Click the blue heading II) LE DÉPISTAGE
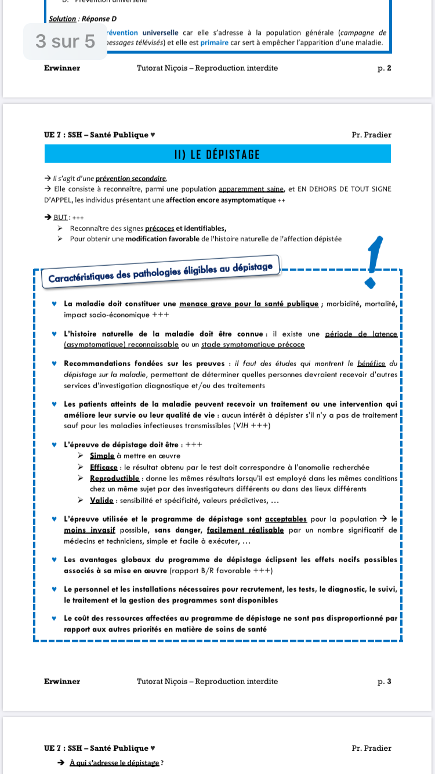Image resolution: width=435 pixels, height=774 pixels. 217,154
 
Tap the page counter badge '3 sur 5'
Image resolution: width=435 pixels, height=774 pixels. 65,41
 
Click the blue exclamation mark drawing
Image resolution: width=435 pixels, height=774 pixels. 373,261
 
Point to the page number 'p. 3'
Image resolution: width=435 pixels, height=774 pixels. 384,681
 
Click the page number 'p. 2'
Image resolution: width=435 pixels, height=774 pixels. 384,68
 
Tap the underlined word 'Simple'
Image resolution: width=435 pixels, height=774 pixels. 102,456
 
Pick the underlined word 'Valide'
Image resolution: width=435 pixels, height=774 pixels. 102,500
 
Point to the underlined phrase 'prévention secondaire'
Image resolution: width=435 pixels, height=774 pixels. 130,179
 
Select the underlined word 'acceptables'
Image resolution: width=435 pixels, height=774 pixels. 285,519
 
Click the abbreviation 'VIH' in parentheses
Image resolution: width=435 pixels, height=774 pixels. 243,426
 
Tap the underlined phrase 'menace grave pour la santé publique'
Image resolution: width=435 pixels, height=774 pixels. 249,303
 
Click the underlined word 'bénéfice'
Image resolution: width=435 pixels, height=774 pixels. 372,364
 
